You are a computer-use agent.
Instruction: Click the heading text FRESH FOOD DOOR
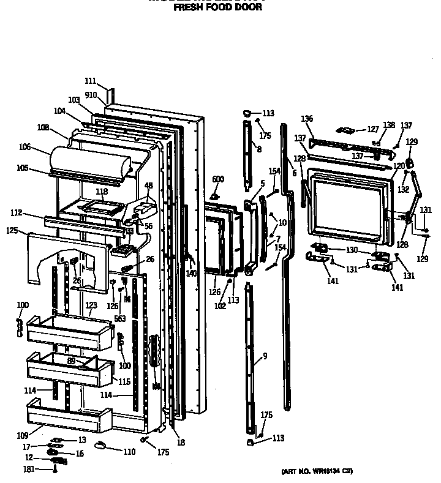218,8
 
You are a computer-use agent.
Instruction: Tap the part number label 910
91,95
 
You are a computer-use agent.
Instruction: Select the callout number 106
42,147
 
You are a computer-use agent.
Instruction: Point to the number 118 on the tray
102,192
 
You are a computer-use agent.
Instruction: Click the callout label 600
218,179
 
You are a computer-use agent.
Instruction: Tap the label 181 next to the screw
28,470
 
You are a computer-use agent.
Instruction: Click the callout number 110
129,452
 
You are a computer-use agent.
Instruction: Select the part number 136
307,119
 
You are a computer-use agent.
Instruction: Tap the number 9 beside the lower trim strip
265,356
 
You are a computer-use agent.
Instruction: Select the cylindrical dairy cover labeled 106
89,160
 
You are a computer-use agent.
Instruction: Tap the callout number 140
192,274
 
